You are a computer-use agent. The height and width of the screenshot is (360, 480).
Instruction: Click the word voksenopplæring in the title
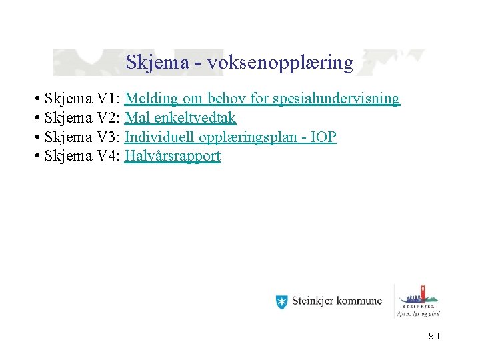point(280,63)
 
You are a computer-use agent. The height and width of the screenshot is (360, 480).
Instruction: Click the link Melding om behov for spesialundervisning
point(262,99)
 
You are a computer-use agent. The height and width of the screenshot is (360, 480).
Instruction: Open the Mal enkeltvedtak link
point(180,119)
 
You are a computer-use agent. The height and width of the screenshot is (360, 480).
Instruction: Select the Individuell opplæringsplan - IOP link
point(230,138)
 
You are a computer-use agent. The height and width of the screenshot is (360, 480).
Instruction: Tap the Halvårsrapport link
point(172,157)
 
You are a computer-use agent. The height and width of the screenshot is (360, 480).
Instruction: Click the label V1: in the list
point(108,99)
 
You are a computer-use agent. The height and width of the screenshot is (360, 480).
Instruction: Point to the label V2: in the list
point(108,119)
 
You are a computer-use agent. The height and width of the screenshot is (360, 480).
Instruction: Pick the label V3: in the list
point(108,138)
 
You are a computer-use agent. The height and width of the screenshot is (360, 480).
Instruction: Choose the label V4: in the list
point(108,157)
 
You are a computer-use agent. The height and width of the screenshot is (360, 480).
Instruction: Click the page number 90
point(433,337)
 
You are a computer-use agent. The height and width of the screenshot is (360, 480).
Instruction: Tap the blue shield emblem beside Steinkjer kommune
point(282,301)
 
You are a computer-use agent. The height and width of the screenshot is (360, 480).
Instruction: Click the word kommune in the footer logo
point(359,301)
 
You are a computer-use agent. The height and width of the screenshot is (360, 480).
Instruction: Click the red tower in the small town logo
point(421,293)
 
